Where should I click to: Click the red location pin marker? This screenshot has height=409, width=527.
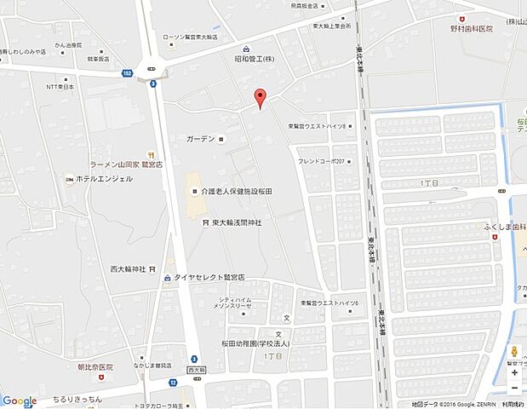[x=261, y=97]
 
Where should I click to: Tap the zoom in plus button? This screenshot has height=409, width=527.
[x=514, y=372]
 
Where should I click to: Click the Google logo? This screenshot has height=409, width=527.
[x=19, y=400]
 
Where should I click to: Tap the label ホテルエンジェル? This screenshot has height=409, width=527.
[x=104, y=179]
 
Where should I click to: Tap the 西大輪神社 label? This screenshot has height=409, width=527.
[x=128, y=269]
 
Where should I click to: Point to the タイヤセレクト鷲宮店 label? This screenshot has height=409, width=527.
[x=209, y=278]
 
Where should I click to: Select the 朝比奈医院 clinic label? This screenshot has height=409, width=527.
[x=89, y=366]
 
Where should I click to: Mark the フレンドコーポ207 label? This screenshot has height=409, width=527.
[x=321, y=161]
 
